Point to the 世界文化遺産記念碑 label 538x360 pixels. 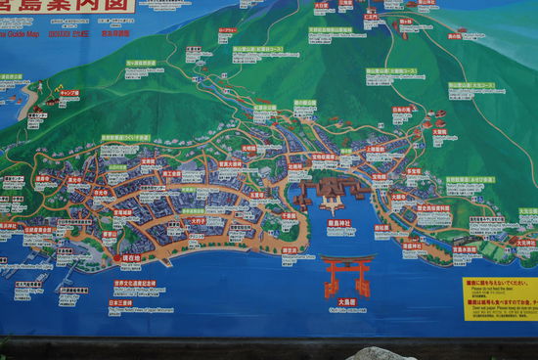pos(134,284)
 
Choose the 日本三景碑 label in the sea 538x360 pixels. pos(119,303)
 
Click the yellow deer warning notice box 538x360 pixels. pos(500,297)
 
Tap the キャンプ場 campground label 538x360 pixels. pos(68,93)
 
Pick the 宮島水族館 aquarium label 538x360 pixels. pos(465,248)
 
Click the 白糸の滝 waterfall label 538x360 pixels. pos(402,110)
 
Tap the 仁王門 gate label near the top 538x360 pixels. pos(371,17)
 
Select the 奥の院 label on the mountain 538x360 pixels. pos(454,36)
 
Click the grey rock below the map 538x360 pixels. pos(381,353)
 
